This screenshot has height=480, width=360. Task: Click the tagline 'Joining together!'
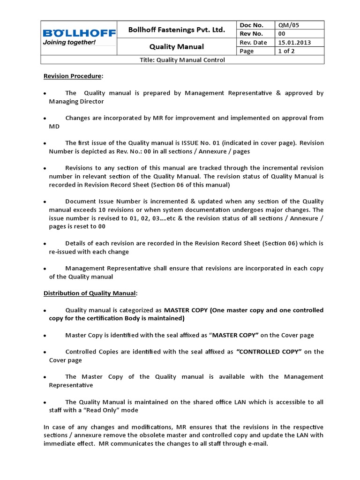coord(69,43)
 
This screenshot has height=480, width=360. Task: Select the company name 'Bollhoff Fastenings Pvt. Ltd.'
coord(177,30)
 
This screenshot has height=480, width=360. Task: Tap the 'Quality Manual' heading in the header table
coord(177,47)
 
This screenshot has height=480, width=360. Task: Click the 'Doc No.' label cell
coord(251,25)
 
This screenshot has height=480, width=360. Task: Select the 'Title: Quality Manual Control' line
coord(183,60)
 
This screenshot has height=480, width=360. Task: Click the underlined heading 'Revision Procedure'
coord(72,76)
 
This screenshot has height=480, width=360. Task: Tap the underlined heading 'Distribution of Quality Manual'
coord(90,293)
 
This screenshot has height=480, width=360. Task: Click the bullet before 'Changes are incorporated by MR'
coord(45,118)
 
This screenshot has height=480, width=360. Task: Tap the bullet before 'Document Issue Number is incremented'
coord(45,202)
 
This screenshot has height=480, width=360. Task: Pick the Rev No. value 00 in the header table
coord(282,34)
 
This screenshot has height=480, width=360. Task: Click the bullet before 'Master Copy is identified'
coord(45,336)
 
